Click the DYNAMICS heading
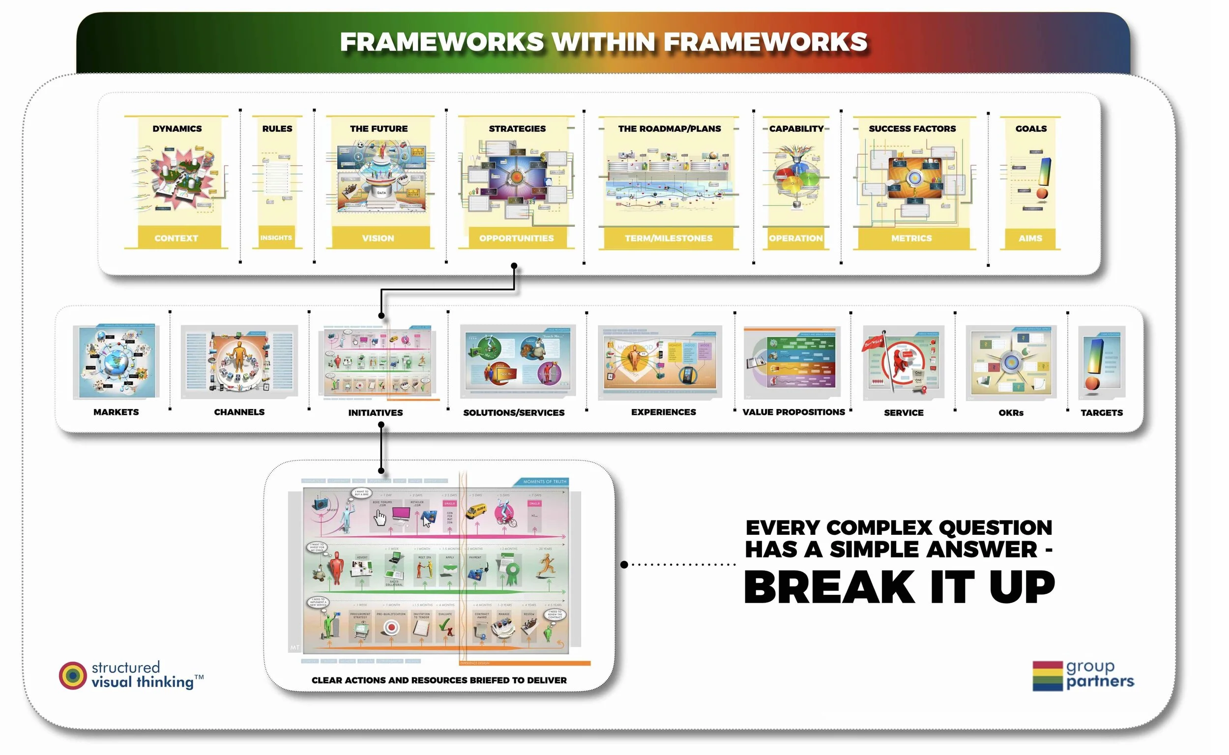(177, 129)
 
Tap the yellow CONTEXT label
(176, 238)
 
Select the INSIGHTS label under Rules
(276, 238)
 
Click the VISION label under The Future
(378, 238)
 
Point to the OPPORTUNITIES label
(516, 238)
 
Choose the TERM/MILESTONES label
(669, 238)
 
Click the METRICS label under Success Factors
(911, 238)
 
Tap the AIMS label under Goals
(1030, 238)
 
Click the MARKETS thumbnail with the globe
(116, 361)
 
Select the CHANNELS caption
(239, 412)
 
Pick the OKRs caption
(1011, 413)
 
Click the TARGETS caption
(1102, 413)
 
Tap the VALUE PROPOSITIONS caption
(793, 412)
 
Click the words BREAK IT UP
(899, 588)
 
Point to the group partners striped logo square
(1047, 676)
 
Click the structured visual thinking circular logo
(73, 675)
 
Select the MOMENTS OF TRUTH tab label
(544, 482)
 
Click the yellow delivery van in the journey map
(476, 510)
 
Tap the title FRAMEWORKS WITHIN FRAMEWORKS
(603, 42)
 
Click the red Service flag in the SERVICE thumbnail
(874, 343)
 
